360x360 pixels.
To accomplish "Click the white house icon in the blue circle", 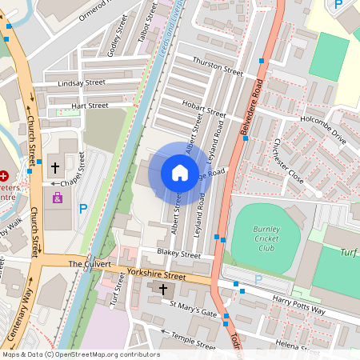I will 179,173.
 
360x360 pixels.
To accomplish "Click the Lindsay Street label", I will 80,82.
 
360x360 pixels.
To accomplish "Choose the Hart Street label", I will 89,106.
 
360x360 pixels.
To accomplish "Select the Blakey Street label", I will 178,254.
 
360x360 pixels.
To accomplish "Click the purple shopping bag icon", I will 57,197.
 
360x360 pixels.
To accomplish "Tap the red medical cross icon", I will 4,175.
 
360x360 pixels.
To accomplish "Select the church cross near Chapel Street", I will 55,168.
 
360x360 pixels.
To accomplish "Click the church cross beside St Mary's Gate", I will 163,288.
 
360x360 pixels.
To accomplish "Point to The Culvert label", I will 89,263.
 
